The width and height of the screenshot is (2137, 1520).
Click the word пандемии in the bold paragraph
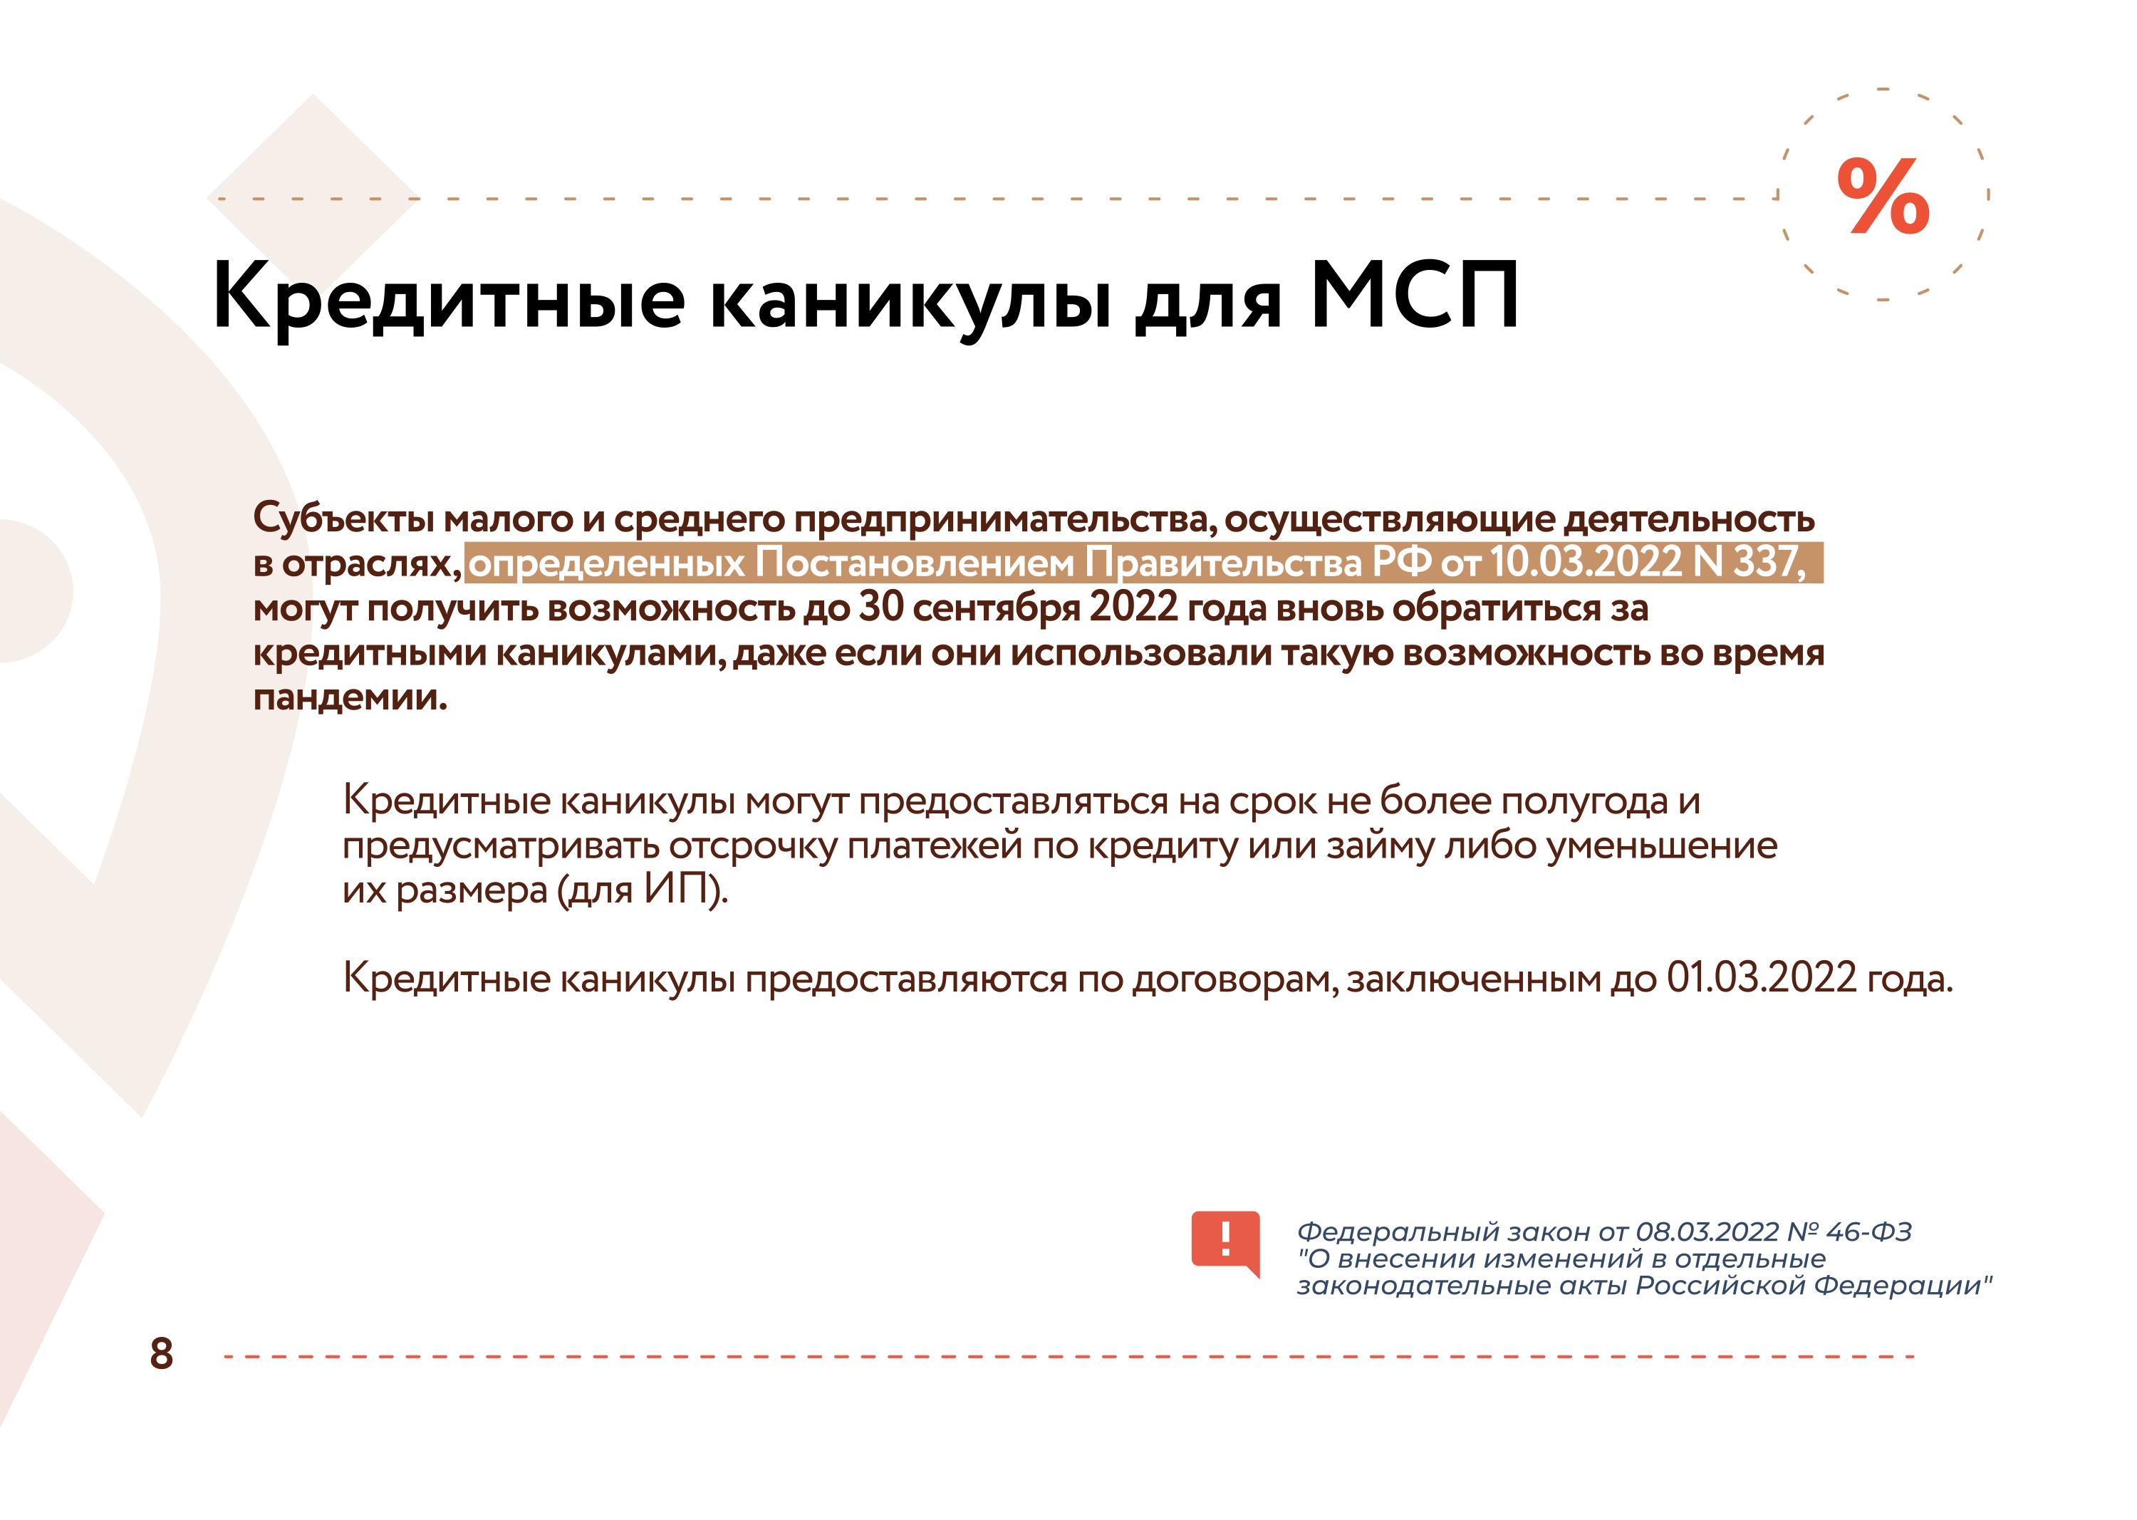(x=350, y=697)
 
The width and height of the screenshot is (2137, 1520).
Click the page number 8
(x=161, y=1353)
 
